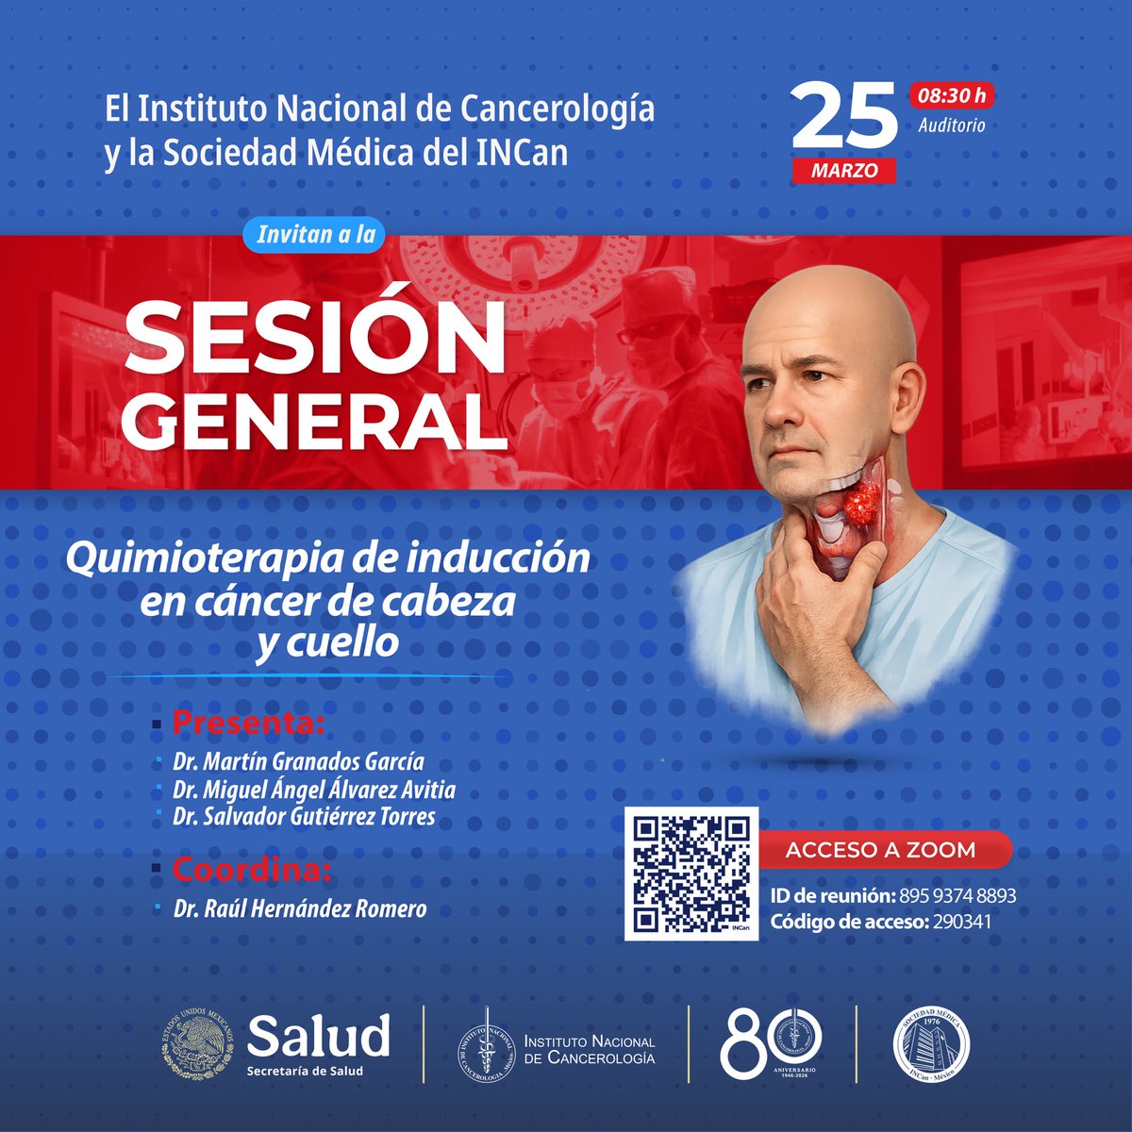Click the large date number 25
[x=844, y=119]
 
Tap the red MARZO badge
[x=844, y=171]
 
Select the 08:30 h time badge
[x=951, y=95]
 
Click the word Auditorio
[x=951, y=125]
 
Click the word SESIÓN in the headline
[x=315, y=338]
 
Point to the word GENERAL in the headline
[x=313, y=421]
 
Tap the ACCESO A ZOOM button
[x=880, y=849]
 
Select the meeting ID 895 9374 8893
[x=957, y=895]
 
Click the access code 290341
[x=961, y=922]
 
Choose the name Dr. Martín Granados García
[x=298, y=761]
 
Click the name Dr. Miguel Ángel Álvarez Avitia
[x=314, y=789]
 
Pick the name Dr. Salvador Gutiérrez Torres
[x=304, y=816]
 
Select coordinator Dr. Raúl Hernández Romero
[x=300, y=909]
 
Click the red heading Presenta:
[x=249, y=724]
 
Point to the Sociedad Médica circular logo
[x=931, y=1042]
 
